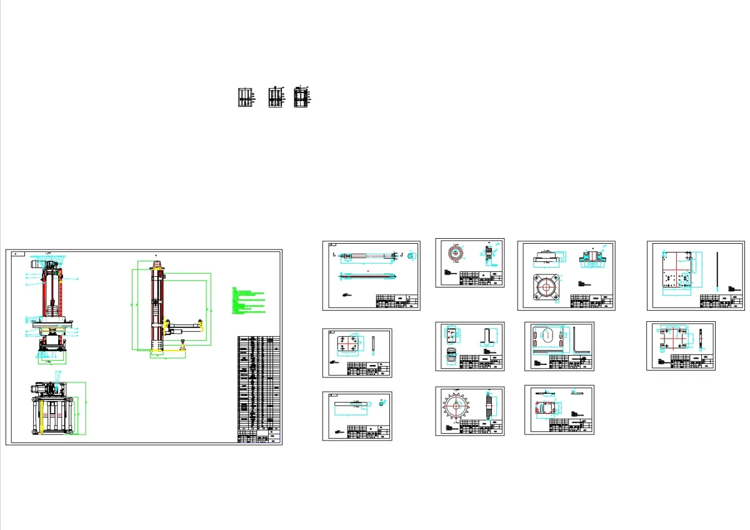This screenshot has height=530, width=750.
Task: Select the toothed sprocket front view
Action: coord(458,407)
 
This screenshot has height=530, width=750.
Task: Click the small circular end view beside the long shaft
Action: coord(411,255)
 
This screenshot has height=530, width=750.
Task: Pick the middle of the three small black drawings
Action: coord(276,97)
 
